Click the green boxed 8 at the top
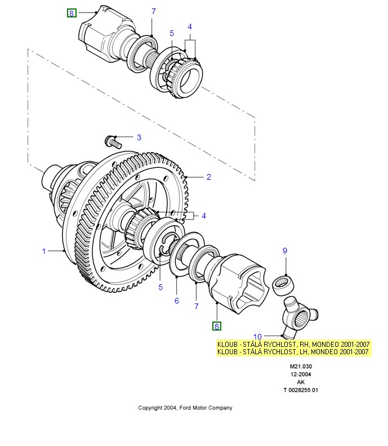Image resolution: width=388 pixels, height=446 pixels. click(x=72, y=13)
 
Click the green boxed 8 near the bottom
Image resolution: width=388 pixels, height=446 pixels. click(x=217, y=325)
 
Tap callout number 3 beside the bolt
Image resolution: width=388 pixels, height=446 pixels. click(x=139, y=137)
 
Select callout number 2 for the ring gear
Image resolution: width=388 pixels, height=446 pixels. click(x=208, y=177)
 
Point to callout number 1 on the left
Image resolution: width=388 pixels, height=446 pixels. click(x=44, y=251)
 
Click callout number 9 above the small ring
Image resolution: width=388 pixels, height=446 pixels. click(x=285, y=251)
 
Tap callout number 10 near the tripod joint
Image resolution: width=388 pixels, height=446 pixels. click(x=257, y=336)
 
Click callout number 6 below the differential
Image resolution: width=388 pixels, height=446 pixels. click(x=176, y=301)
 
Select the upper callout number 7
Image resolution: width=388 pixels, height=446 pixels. click(x=153, y=11)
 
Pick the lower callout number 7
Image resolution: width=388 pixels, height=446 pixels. click(x=197, y=306)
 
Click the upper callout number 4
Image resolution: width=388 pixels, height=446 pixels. click(x=190, y=26)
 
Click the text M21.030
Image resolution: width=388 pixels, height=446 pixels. click(x=301, y=366)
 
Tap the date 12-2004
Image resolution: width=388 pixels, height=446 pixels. click(x=301, y=374)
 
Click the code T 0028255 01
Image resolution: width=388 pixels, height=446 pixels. click(x=301, y=390)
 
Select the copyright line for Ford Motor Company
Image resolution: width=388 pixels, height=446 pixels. click(x=185, y=408)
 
